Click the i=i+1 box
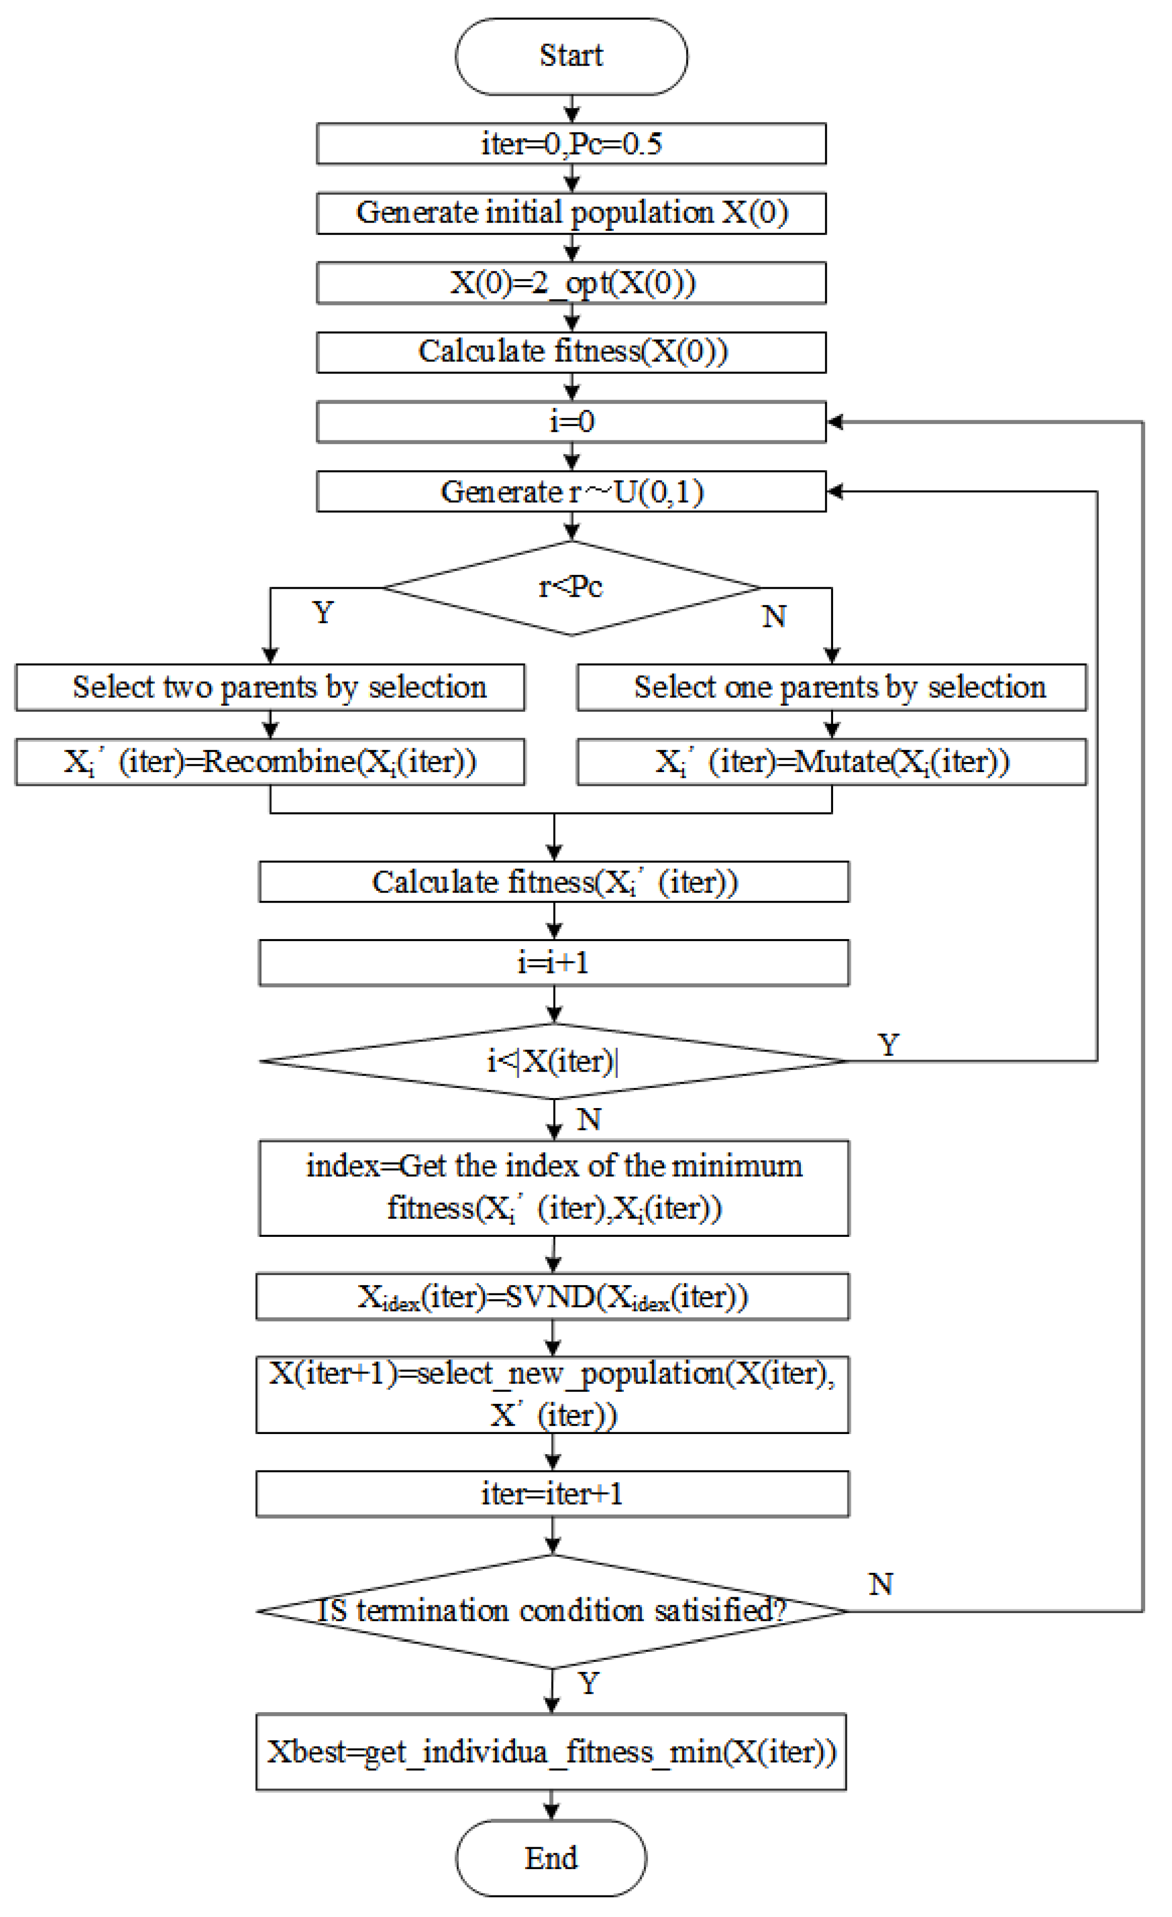[553, 963]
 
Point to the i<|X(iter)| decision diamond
[553, 1061]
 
